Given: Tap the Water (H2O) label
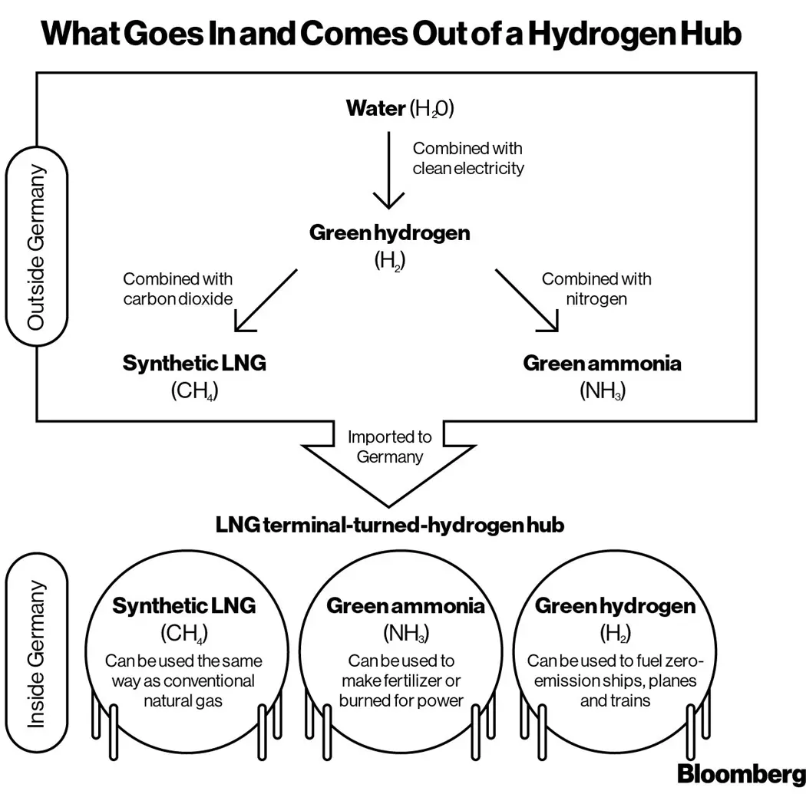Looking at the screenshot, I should point(400,108).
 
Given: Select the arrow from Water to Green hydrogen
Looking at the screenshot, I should point(388,169).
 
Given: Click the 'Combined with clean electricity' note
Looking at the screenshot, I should point(468,158).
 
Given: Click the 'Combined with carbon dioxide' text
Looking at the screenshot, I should point(177,289).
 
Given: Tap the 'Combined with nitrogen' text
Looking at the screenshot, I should point(596,289).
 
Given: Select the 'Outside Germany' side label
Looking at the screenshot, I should point(36,247).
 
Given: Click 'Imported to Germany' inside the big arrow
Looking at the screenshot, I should point(389,446).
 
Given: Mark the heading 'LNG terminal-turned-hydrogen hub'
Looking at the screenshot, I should point(390,525).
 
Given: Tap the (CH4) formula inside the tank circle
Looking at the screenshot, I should point(184,633).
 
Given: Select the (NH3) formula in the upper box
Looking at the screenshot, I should point(602,390).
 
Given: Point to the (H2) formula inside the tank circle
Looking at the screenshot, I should point(614,633).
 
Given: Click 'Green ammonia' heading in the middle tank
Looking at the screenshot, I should point(406,606).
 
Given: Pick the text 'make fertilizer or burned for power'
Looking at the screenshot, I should point(405,690).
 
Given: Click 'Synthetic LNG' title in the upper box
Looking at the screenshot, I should point(194,363).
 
